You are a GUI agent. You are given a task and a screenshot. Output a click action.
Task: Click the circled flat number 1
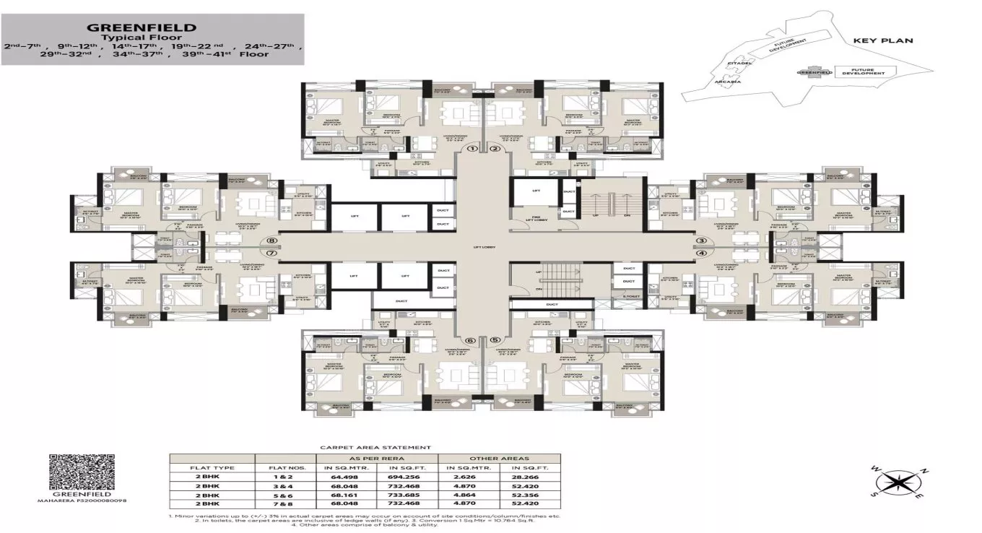(x=473, y=149)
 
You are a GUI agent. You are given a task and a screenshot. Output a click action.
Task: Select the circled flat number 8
(x=271, y=242)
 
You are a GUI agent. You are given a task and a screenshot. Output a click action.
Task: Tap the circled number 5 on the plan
(x=495, y=340)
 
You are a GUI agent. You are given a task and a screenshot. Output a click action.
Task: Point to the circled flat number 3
(x=700, y=241)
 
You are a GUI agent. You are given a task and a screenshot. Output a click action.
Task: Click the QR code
(x=76, y=473)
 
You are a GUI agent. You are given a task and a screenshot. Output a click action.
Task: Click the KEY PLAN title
(x=883, y=41)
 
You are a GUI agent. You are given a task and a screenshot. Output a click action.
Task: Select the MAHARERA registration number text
(x=77, y=500)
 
